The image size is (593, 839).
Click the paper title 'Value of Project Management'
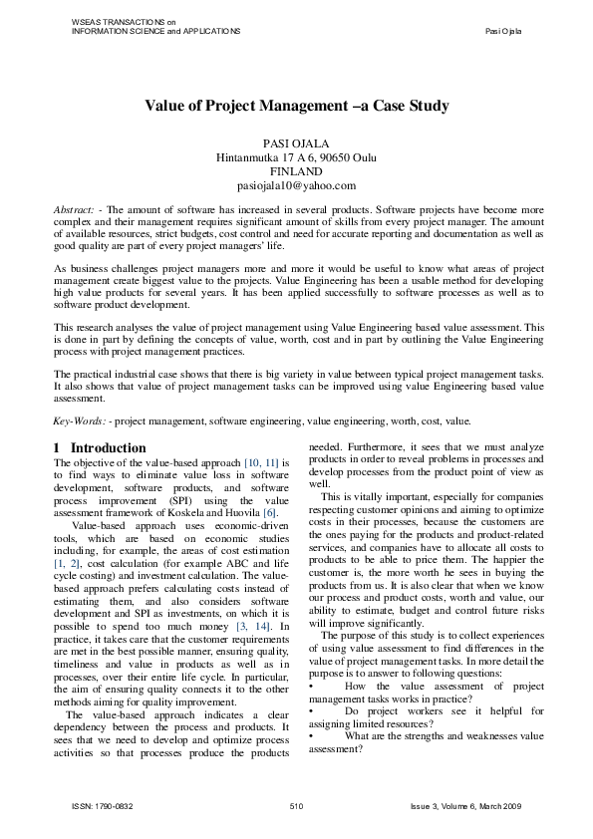pos(296,105)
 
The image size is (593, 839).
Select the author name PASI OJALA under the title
pos(296,143)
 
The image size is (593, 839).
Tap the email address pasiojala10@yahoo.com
pos(296,185)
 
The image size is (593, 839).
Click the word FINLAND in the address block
pos(296,171)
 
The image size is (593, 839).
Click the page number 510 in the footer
pos(296,804)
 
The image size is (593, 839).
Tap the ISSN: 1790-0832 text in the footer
pos(101,804)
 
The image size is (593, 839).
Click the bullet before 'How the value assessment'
pos(312,688)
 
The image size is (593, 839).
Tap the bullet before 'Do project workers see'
pos(312,711)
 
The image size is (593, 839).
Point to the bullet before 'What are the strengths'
pos(312,735)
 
